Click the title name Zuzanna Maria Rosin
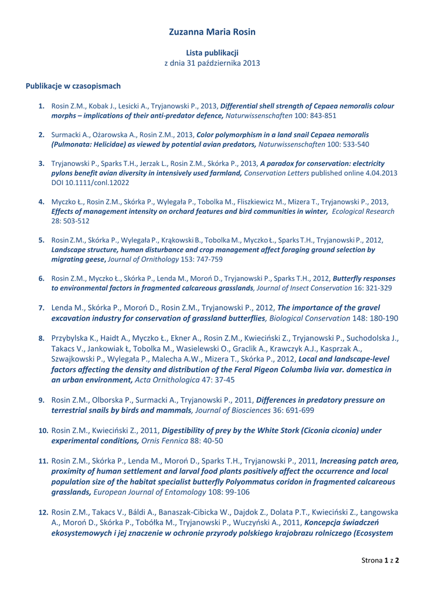tap(212, 32)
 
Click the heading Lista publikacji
tap(212, 53)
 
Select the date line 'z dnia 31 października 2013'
tap(212, 63)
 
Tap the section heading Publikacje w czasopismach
tap(73, 86)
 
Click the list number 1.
tap(42, 106)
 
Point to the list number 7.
tap(42, 308)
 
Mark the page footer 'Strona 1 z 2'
tap(380, 560)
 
